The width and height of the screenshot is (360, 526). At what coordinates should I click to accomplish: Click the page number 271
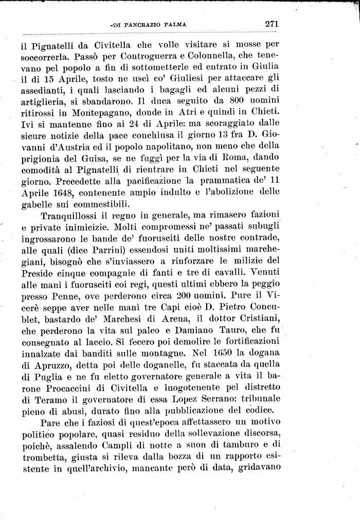272,23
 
